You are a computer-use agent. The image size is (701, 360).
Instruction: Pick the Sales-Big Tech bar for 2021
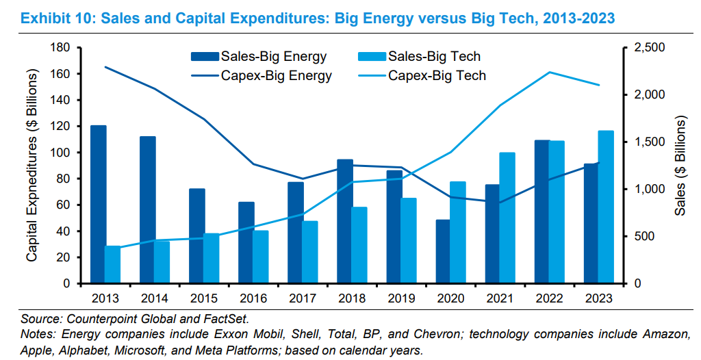tap(507, 218)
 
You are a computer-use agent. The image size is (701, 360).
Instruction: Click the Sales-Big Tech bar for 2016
tap(261, 257)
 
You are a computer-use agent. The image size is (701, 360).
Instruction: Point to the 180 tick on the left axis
tap(61, 47)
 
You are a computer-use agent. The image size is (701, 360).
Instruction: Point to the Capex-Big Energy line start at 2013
tap(105, 67)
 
